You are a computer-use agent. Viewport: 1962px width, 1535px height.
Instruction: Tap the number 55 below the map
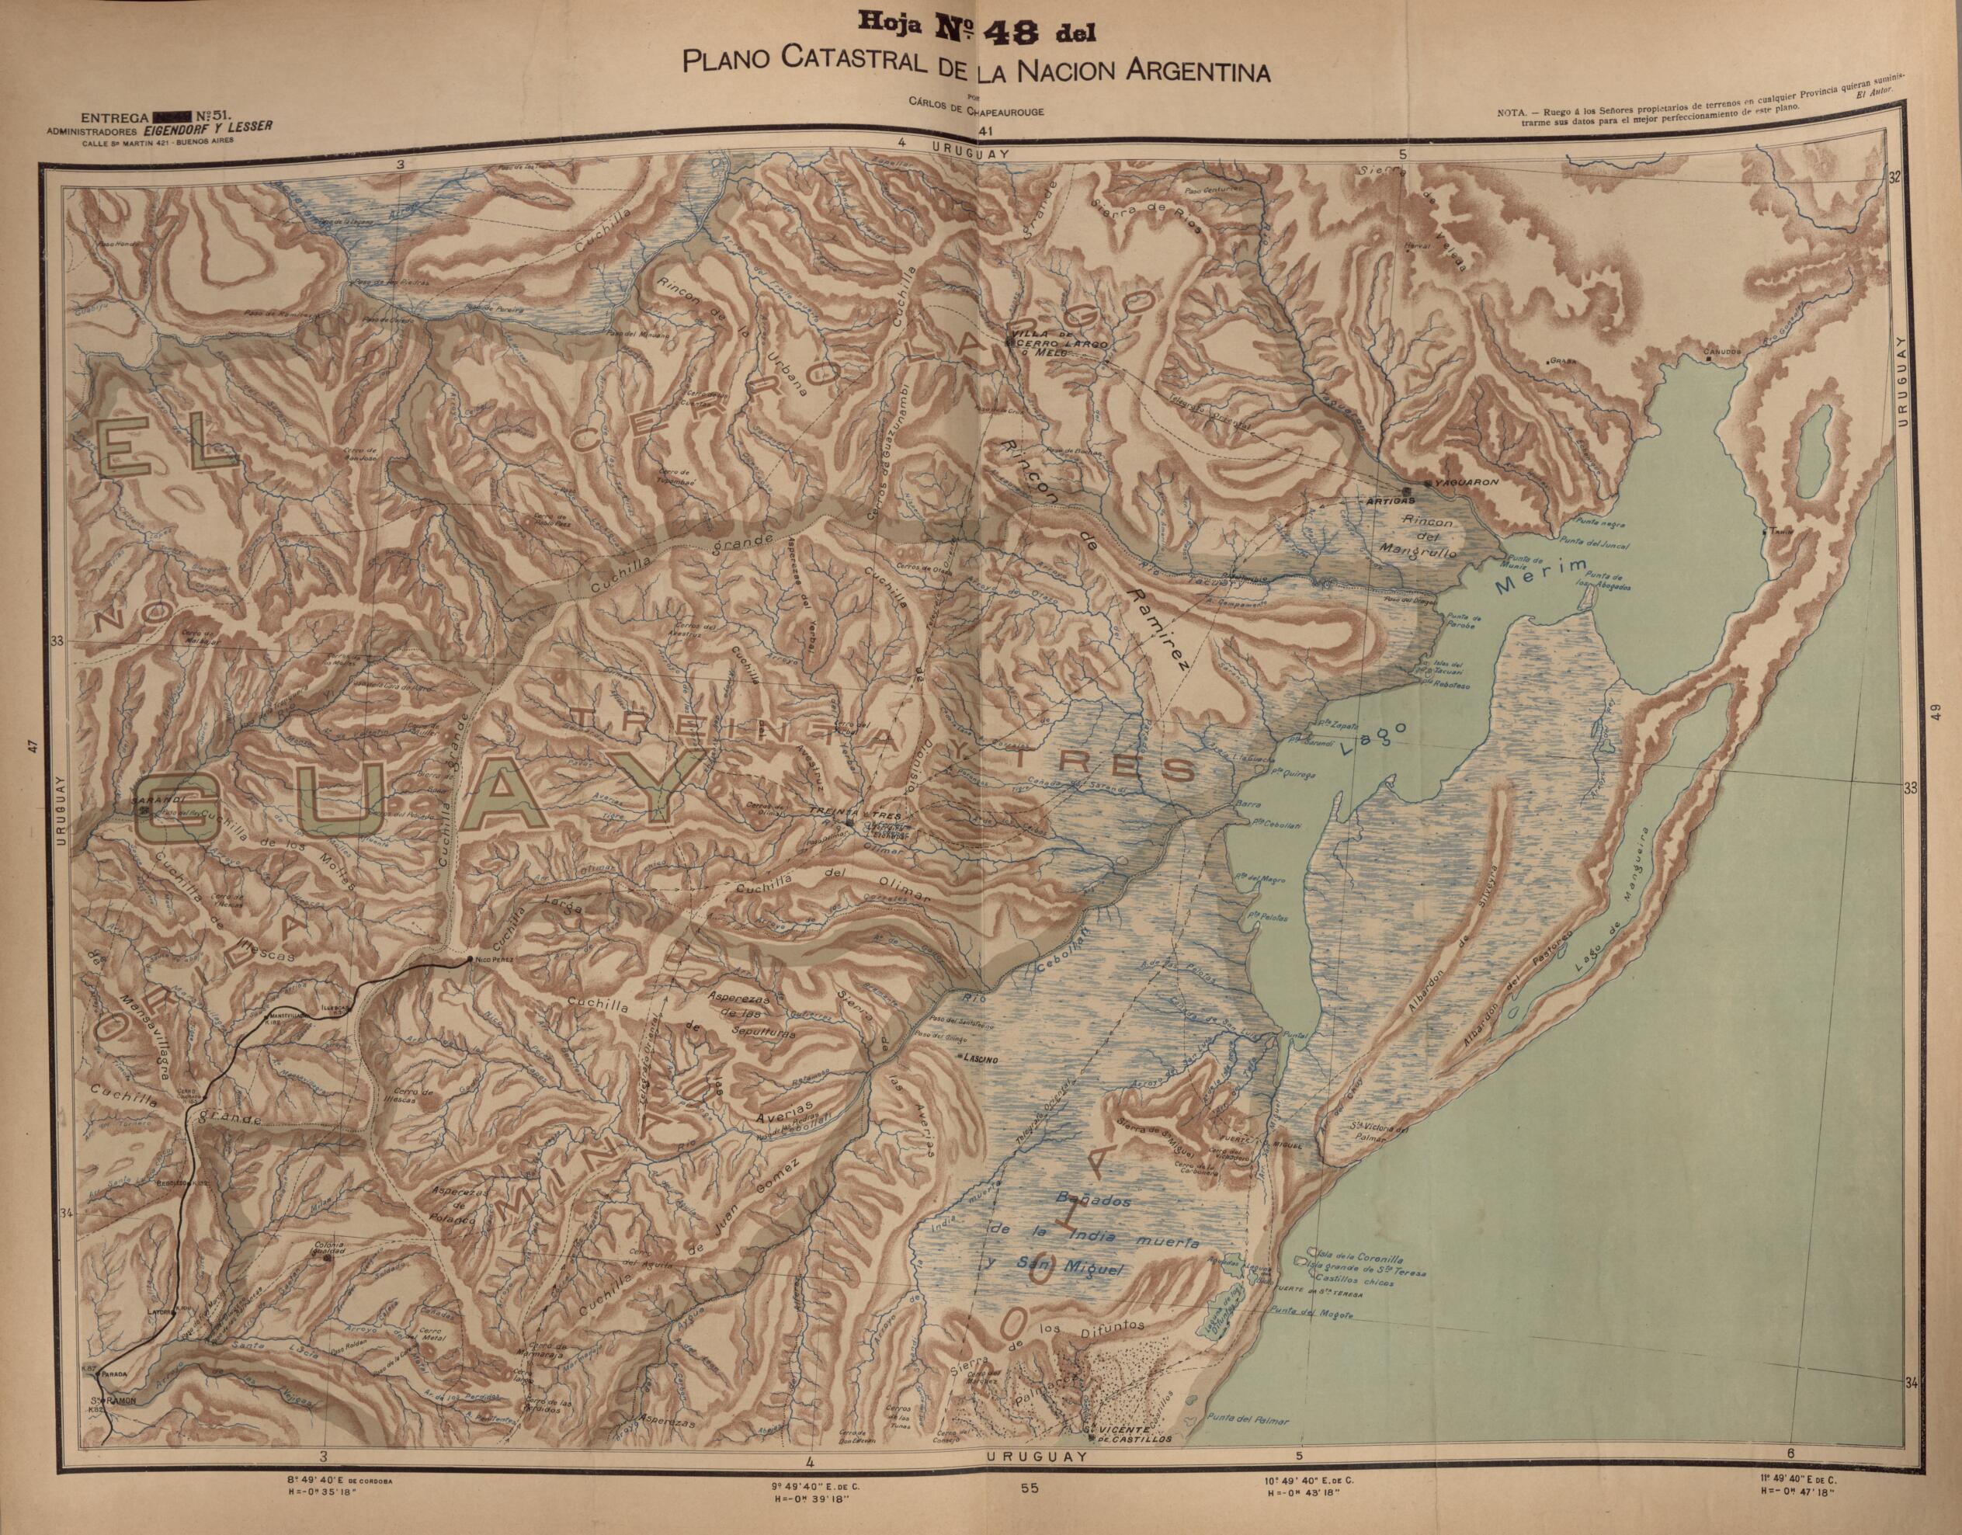click(1030, 1513)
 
